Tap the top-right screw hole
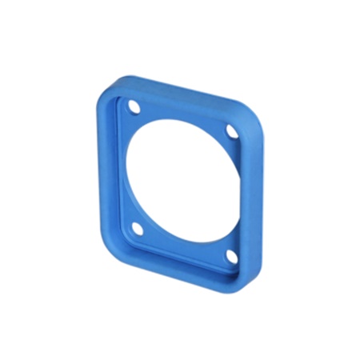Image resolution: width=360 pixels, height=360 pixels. coord(231,130)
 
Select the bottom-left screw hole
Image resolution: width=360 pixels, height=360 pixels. coord(137,229)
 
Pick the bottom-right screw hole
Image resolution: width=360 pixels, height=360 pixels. coord(231,256)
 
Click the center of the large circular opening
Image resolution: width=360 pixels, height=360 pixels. coord(182,180)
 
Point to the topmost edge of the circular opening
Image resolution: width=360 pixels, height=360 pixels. coord(186,121)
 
